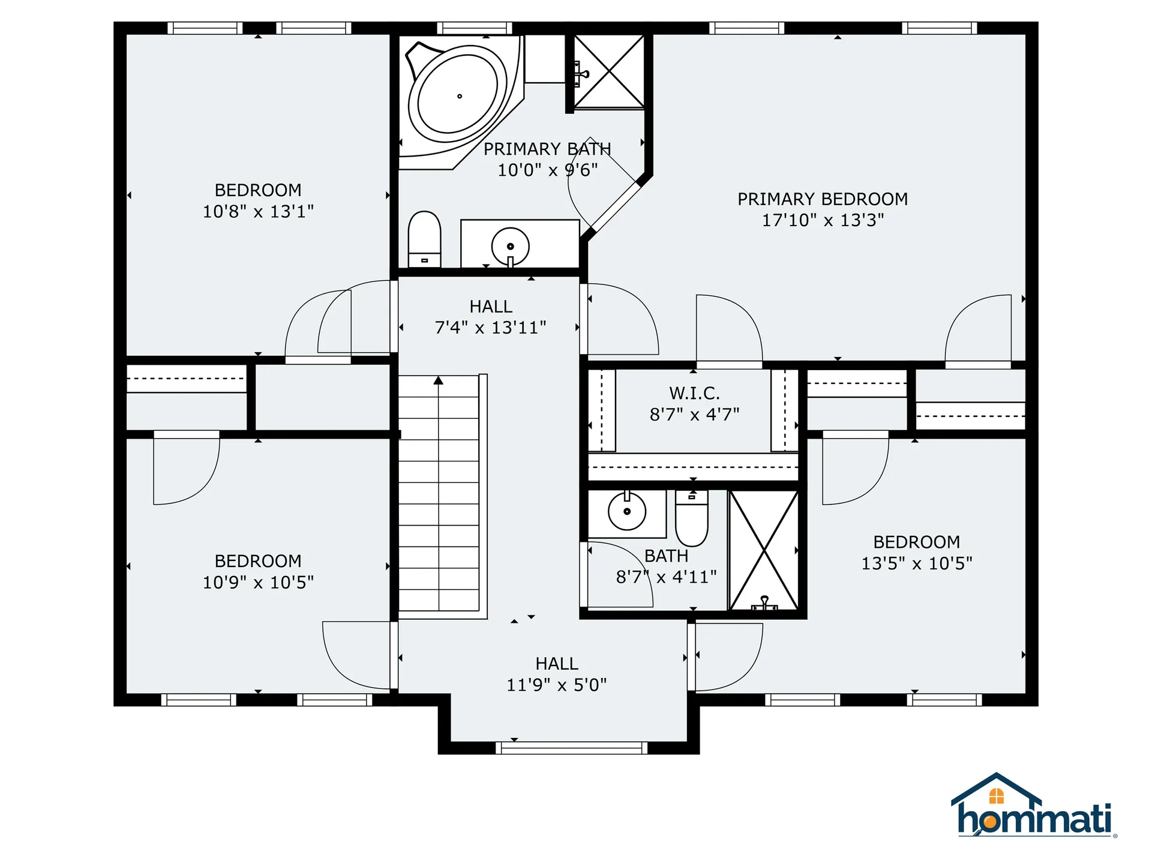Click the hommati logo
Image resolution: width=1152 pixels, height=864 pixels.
[x=1034, y=805]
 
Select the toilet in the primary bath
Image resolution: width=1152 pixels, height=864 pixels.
[x=424, y=239]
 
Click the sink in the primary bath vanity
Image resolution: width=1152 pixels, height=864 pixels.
[x=510, y=246]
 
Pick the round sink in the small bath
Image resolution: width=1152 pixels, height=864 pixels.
[x=627, y=511]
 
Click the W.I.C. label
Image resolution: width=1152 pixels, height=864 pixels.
[x=694, y=394]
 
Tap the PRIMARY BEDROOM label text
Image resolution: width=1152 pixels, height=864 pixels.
[x=823, y=199]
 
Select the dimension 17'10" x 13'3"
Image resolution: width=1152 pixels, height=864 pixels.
[x=823, y=220]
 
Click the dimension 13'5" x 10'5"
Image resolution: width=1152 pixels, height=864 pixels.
[x=917, y=563]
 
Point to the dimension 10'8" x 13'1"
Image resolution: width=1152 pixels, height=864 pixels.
[x=258, y=211]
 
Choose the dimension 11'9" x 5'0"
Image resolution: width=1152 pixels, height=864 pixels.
[x=557, y=685]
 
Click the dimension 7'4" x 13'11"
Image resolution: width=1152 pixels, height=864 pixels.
[x=491, y=328]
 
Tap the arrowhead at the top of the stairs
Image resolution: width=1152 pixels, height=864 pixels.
[x=439, y=380]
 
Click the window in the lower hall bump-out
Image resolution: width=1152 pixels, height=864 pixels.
[x=572, y=748]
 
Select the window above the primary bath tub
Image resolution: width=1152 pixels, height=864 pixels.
[x=475, y=28]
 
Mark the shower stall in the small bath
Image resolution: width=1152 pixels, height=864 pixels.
[x=764, y=550]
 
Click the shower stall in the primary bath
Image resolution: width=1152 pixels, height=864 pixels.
[x=609, y=72]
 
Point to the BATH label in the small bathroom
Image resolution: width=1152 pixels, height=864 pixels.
[x=666, y=556]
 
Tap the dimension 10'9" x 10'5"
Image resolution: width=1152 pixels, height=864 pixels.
[x=258, y=582]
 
